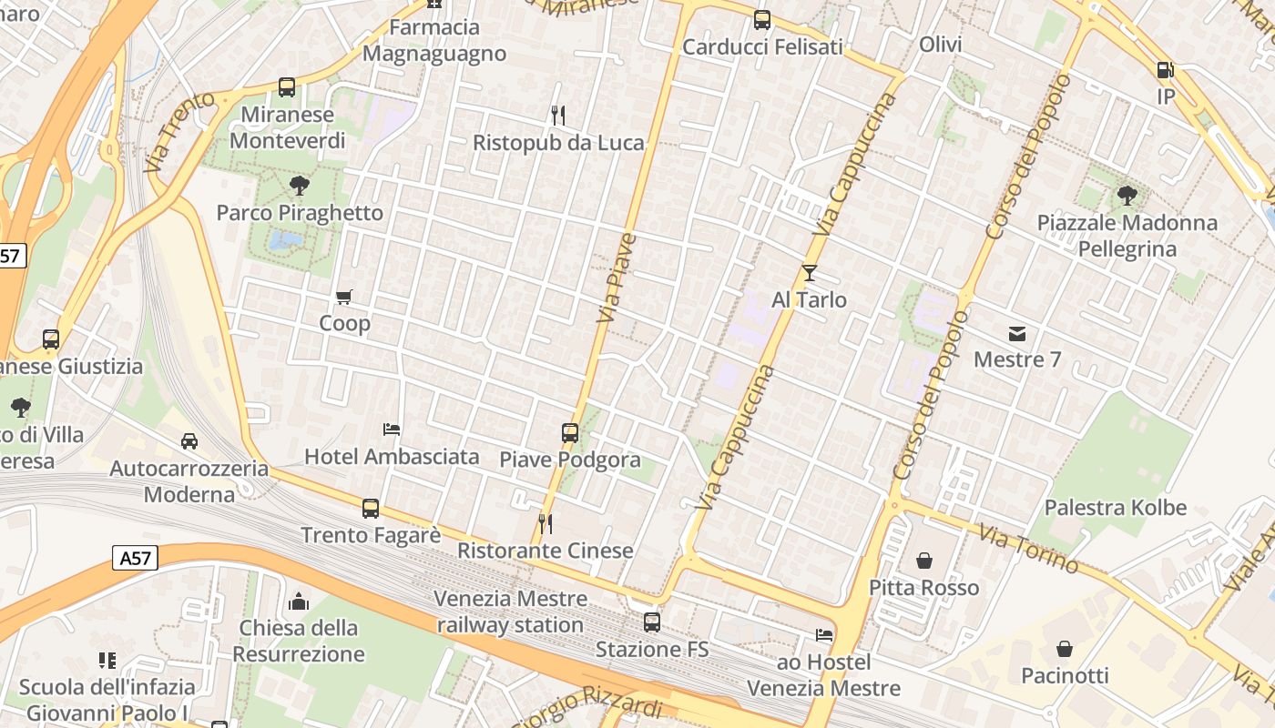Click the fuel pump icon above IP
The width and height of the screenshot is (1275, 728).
(1165, 70)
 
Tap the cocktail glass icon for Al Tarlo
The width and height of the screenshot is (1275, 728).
(809, 272)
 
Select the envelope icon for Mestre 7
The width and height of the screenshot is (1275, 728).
(1017, 334)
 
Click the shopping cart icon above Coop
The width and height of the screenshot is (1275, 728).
(344, 297)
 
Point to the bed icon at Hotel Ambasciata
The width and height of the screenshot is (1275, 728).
(392, 430)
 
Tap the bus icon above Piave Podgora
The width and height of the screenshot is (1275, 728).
(570, 433)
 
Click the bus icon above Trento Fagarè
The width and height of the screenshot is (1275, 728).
(371, 509)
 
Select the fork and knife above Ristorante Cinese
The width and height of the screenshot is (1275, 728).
(545, 524)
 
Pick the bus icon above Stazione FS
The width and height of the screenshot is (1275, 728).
(652, 622)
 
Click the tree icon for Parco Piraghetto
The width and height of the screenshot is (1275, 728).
(299, 187)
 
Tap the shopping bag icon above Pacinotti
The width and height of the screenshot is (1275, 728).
(1064, 649)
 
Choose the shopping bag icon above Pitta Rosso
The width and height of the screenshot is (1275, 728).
(923, 561)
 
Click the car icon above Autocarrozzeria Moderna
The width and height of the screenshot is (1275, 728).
(189, 441)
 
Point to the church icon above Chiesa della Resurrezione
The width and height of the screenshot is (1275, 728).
(298, 602)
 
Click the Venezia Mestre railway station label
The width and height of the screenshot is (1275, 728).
(510, 612)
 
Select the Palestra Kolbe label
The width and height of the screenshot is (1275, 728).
(1116, 508)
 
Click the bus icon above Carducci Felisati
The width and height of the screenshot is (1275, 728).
(762, 20)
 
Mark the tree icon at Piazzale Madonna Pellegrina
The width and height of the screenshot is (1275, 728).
(1127, 196)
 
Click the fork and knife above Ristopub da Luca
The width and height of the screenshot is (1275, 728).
(558, 116)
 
